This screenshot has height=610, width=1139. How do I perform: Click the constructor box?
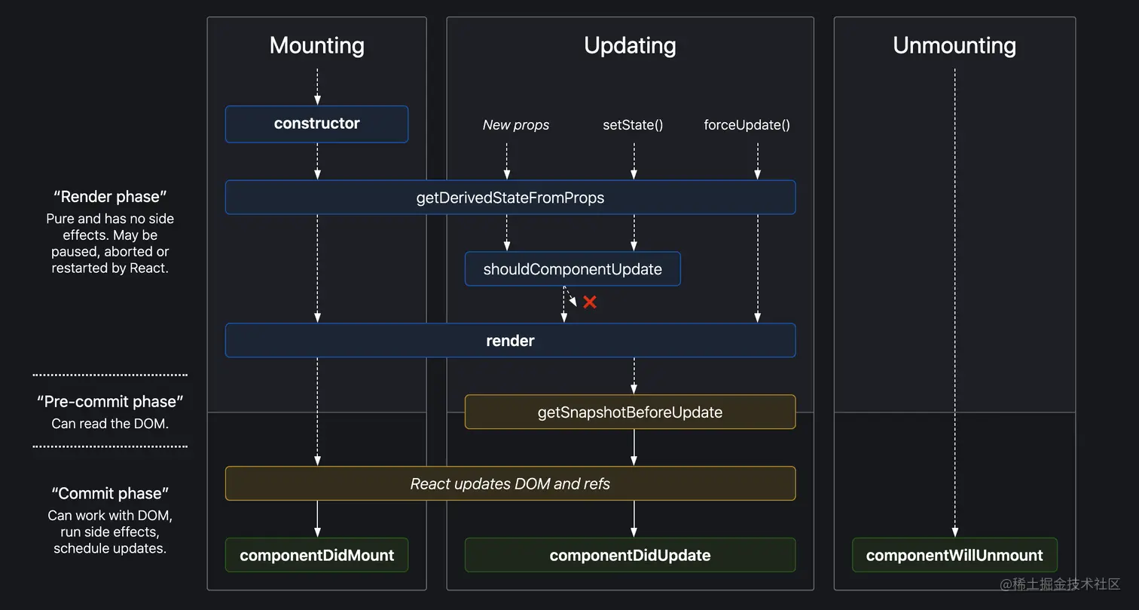pos(316,124)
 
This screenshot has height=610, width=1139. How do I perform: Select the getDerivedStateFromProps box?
pos(510,198)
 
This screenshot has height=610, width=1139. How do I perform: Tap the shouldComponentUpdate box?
pos(573,269)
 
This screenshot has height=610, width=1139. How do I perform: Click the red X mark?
pos(590,302)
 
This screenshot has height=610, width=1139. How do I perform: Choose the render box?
pos(510,341)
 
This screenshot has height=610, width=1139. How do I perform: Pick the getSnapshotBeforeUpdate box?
pos(630,412)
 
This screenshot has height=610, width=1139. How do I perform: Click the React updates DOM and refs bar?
pos(510,483)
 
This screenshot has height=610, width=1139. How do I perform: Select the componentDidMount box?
pos(316,555)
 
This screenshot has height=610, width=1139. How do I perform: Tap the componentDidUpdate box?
pos(630,555)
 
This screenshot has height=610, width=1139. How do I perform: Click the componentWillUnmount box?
pos(954,555)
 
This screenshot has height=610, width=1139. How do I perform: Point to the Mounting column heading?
pos(316,45)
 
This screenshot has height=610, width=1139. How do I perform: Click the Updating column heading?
pos(630,45)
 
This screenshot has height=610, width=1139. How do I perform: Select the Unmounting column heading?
pos(954,45)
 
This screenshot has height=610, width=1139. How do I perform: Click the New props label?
pos(516,125)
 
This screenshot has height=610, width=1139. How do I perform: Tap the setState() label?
pos(633,125)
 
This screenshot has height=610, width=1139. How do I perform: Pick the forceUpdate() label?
pos(747,125)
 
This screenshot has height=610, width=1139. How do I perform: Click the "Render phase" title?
pos(110,197)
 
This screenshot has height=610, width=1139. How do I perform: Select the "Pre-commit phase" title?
pos(110,401)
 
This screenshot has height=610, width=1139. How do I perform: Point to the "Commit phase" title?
pos(110,493)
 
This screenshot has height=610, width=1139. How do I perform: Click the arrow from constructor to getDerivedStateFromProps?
pos(317,161)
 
